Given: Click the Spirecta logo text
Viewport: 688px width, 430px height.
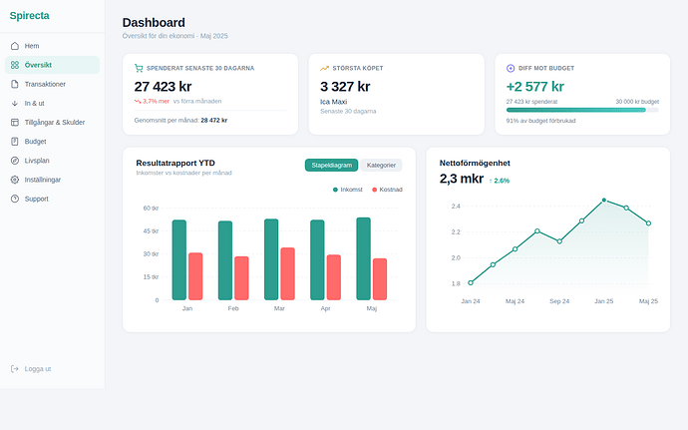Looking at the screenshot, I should [x=29, y=14].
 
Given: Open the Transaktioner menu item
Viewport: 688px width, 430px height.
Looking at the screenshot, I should [x=45, y=84].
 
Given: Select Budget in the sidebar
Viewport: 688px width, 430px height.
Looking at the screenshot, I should [x=35, y=142].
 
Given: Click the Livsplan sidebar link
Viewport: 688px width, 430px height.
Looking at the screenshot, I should [x=37, y=161].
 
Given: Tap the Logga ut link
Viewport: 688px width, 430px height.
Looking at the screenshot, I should [x=38, y=369].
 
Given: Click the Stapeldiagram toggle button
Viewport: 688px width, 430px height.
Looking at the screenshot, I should [x=331, y=165].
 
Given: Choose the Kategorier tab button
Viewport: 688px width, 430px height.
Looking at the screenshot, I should [x=381, y=165].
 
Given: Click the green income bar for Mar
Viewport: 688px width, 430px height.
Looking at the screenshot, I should [x=271, y=259].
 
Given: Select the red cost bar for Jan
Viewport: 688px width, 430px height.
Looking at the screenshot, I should [x=195, y=276].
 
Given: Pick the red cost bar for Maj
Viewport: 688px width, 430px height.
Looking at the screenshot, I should [x=380, y=279].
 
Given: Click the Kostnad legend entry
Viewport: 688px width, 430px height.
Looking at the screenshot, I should [x=387, y=189].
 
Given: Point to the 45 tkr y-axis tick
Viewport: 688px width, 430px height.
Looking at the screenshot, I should [x=151, y=230].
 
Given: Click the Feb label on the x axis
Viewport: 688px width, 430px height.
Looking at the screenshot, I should [x=233, y=309].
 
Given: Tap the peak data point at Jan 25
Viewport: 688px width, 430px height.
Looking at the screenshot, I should [x=604, y=200].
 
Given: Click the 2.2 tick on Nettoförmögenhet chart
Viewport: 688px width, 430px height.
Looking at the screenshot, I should [x=455, y=232].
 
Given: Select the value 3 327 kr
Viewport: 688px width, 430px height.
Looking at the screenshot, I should [x=345, y=86].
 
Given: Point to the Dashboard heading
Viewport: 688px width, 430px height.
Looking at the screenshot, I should [x=153, y=22].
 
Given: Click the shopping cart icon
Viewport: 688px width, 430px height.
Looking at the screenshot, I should [x=139, y=68].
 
